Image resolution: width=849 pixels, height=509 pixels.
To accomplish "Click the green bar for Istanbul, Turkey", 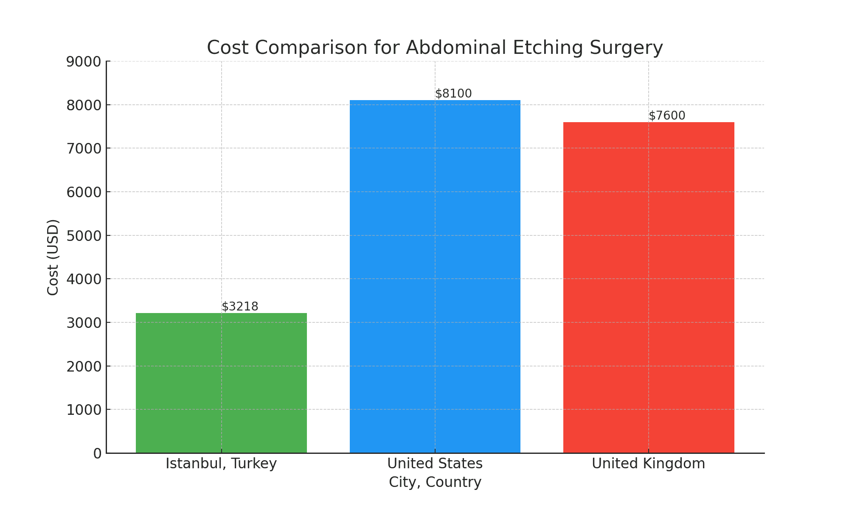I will point(221,383).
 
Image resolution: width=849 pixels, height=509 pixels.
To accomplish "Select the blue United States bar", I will point(435,277).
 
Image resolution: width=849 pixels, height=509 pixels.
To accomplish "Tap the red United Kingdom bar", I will point(649,288).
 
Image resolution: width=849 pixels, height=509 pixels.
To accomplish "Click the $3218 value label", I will point(240,306).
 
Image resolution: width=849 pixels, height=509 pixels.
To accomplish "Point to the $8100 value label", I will point(453,93).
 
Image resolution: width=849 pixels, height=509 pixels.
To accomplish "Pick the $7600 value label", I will point(667,115).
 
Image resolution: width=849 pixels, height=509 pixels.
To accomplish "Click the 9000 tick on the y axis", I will point(84,62).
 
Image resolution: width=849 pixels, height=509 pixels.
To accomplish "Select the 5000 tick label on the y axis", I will point(84,236).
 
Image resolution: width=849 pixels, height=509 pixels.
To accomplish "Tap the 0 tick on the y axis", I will point(97,453).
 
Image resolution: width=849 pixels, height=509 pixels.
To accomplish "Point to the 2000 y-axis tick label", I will point(84,366).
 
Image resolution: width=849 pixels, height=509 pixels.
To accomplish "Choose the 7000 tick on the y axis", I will point(84,149).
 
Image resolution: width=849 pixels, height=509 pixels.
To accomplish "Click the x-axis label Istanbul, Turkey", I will point(221,464).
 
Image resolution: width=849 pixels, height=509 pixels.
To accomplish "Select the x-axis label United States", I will point(435,464).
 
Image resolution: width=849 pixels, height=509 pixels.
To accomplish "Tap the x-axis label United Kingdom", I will point(648,464).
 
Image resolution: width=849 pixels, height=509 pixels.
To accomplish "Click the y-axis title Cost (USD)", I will point(53,257).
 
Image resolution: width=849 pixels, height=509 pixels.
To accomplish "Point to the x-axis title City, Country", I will point(435,482).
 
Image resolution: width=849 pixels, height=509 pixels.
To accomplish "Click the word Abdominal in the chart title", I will point(456,48).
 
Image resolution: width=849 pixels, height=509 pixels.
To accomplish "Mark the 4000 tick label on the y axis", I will point(84,280).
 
